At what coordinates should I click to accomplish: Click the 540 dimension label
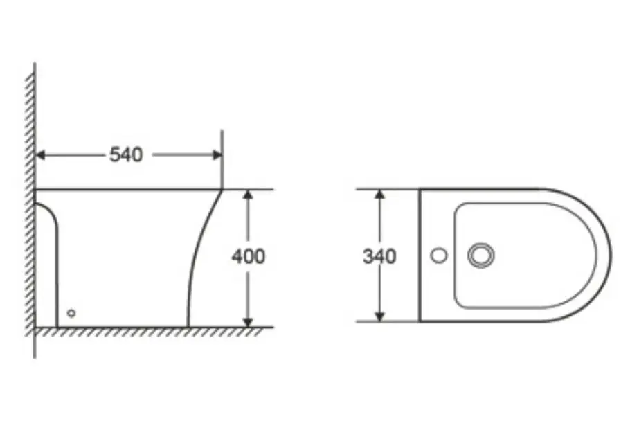[126, 155]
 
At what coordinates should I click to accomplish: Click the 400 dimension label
[249, 257]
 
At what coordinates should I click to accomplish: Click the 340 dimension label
[379, 257]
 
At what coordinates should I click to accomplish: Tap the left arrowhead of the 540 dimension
[40, 155]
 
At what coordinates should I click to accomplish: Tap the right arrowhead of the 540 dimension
[217, 155]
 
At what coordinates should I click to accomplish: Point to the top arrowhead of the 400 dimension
[248, 195]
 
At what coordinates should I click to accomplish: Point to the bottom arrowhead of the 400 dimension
[248, 323]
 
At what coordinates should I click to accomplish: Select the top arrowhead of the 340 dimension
[379, 194]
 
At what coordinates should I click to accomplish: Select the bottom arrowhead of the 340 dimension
[379, 317]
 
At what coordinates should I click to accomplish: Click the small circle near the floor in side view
[71, 313]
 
